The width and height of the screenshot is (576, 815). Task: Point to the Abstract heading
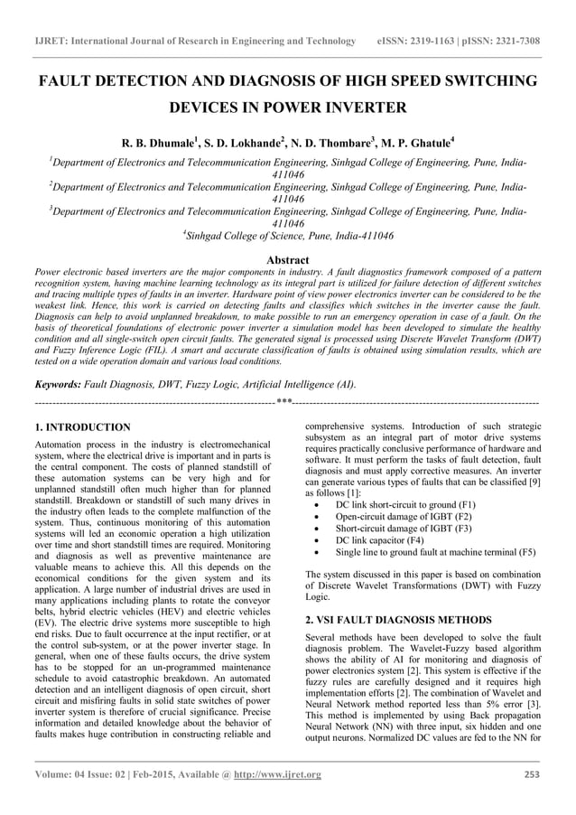[287, 259]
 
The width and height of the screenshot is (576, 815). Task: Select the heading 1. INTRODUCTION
[82, 426]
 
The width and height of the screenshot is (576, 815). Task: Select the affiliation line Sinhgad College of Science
[289, 235]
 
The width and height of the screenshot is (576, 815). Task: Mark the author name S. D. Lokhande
[242, 142]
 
